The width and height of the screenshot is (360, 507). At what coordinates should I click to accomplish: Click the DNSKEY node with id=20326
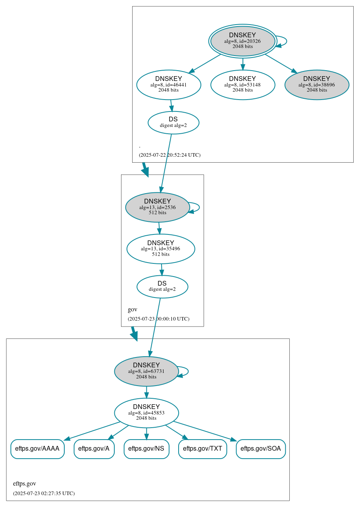(x=243, y=41)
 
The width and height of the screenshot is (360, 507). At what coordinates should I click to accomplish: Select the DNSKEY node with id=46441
(x=169, y=84)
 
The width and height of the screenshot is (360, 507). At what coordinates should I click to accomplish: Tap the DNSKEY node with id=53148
(x=243, y=84)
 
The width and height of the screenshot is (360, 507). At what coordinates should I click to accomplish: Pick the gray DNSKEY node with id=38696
(x=316, y=84)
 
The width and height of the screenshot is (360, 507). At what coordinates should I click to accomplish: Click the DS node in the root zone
(x=173, y=122)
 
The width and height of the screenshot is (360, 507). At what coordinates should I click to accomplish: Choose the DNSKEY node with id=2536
(x=158, y=207)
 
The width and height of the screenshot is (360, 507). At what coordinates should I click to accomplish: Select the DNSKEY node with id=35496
(x=161, y=249)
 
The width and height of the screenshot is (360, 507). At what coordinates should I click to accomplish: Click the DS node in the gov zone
(x=162, y=286)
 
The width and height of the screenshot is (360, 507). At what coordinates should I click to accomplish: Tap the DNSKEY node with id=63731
(x=146, y=371)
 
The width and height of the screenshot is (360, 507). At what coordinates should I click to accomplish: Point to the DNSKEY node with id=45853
(x=146, y=413)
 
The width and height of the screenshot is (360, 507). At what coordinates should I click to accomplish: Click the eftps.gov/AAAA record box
(x=37, y=449)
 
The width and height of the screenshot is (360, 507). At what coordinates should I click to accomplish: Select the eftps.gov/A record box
(x=94, y=449)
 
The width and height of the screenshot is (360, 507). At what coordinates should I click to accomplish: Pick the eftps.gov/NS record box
(x=146, y=449)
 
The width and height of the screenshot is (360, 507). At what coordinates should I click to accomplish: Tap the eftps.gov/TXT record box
(x=202, y=449)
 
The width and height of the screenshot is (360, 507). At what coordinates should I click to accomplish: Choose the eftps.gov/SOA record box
(x=261, y=449)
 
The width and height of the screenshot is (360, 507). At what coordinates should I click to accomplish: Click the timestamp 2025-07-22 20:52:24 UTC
(x=169, y=155)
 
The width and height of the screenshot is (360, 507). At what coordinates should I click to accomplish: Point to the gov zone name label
(x=133, y=309)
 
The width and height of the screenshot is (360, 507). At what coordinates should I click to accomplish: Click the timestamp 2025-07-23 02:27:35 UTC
(x=44, y=494)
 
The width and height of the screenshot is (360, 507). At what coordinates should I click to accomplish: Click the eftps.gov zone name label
(x=25, y=484)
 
